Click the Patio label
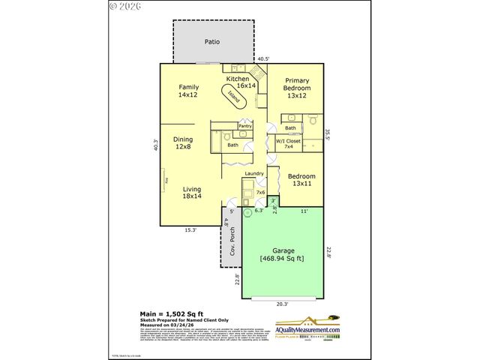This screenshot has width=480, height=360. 212,42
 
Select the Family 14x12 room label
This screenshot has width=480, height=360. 187,91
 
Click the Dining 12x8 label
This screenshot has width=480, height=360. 184,143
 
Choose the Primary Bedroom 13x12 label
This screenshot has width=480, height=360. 296,87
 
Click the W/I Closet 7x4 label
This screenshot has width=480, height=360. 288,142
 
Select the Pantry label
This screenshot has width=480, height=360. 245,126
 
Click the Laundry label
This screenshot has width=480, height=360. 253,173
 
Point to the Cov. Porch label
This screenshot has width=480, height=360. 232,250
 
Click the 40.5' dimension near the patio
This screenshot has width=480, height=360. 262,58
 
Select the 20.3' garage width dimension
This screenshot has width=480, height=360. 282,304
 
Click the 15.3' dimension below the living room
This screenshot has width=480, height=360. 191,230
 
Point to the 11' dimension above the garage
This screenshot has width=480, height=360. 304,212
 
